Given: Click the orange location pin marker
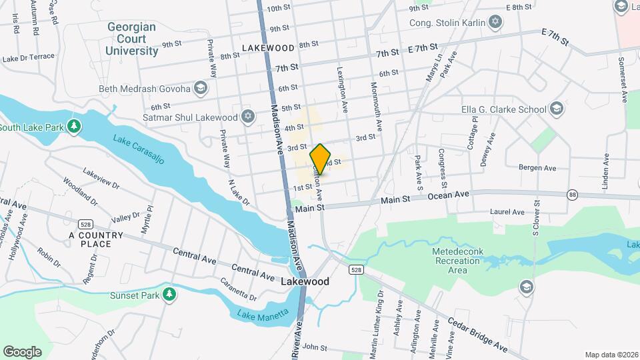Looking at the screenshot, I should (321, 159).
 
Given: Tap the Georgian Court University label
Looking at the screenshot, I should (131, 39).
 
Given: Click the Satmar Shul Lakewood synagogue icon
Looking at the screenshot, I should (248, 117).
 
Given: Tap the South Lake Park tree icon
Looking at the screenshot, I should (75, 127).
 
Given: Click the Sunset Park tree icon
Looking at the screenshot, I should (169, 293).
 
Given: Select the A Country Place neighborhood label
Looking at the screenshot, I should (96, 239).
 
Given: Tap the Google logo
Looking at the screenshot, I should (22, 351).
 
